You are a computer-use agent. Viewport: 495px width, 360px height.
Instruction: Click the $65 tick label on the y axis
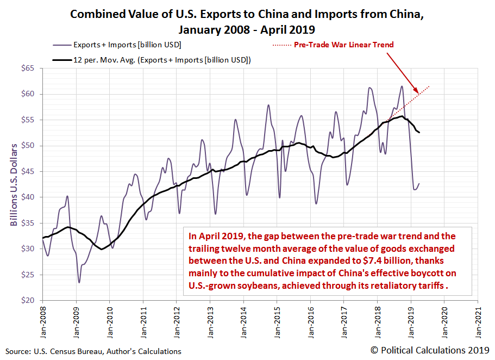(27, 69)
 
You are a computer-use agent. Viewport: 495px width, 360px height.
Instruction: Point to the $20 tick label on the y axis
(27, 300)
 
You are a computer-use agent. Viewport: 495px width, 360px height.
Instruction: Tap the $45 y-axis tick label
(27, 171)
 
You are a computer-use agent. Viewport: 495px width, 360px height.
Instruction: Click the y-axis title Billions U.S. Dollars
(14, 184)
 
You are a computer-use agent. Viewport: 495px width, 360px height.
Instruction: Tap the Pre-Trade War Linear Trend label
(343, 45)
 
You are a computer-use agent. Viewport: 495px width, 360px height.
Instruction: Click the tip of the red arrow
(418, 93)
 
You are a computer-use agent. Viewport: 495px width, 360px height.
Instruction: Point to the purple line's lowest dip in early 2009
(79, 282)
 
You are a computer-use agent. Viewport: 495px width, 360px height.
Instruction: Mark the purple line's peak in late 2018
(402, 86)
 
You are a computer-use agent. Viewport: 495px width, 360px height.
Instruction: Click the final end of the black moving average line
(419, 133)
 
